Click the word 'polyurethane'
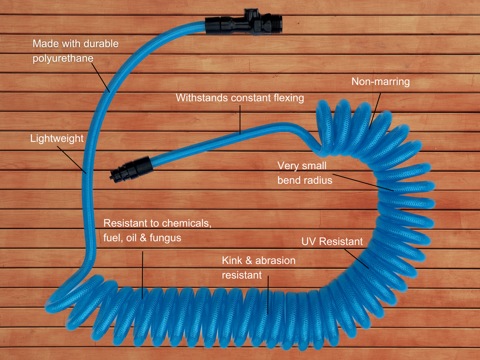click(63, 59)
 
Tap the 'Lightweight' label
click(57, 139)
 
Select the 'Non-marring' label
click(380, 82)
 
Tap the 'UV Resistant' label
click(332, 242)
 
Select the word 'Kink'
click(232, 260)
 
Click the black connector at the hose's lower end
click(131, 168)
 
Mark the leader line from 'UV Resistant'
click(356, 259)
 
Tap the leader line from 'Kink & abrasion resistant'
click(268, 294)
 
